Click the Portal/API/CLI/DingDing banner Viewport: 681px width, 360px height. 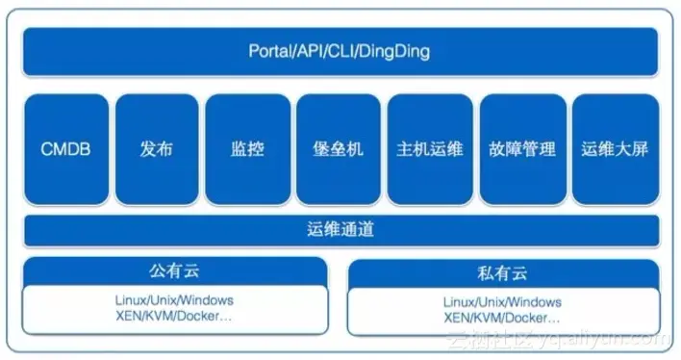tap(340, 51)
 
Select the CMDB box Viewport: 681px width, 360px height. tap(65, 149)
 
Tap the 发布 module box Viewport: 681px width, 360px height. tap(156, 149)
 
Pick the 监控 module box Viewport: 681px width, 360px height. tap(247, 149)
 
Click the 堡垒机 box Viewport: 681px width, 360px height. tap(338, 149)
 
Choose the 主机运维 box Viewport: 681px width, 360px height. tap(429, 149)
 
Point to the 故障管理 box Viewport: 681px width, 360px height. tap(521, 149)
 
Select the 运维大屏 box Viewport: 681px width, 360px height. tap(614, 149)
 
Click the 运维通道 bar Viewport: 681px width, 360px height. tap(340, 230)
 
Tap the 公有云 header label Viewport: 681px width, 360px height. tap(174, 271)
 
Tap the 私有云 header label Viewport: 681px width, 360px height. tap(501, 273)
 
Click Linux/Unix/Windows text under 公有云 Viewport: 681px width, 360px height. tap(174, 300)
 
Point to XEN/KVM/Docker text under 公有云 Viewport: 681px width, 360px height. tap(174, 315)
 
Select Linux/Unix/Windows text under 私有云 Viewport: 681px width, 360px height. tap(503, 302)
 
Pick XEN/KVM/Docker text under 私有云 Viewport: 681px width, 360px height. tap(503, 317)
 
